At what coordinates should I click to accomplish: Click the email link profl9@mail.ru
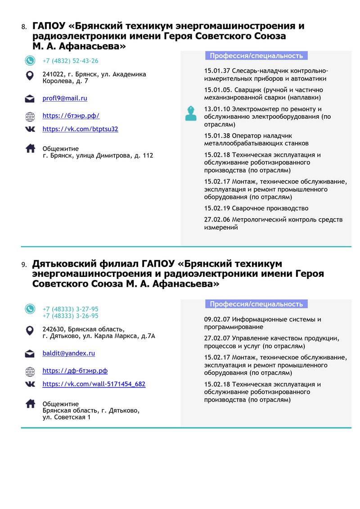pyautogui.click(x=65, y=98)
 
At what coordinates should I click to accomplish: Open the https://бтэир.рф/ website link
pyautogui.click(x=71, y=116)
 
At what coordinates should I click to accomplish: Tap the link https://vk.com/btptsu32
pyautogui.click(x=80, y=129)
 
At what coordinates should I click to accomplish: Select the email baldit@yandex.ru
pyautogui.click(x=68, y=353)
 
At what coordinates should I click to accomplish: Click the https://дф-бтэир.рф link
pyautogui.click(x=75, y=371)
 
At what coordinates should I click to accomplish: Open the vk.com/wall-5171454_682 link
pyautogui.click(x=94, y=384)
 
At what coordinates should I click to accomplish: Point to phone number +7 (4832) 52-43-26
pyautogui.click(x=70, y=61)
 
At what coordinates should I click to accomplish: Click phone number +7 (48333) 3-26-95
pyautogui.click(x=70, y=315)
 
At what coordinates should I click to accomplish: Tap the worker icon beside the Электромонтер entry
pyautogui.click(x=191, y=113)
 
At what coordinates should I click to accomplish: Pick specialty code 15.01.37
pyautogui.click(x=217, y=71)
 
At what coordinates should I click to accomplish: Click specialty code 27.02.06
pyautogui.click(x=217, y=220)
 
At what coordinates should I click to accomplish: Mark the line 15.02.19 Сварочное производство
pyautogui.click(x=256, y=208)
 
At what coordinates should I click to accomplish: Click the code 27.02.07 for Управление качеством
pyautogui.click(x=217, y=338)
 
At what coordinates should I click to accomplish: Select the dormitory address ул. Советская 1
pyautogui.click(x=67, y=417)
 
